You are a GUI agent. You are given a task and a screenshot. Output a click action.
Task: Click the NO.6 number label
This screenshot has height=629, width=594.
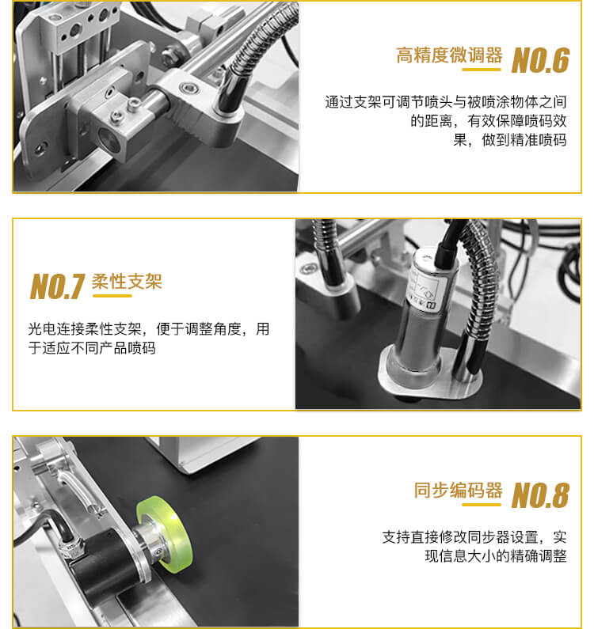coord(541,60)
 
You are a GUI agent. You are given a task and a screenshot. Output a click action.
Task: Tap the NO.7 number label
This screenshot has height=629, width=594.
coord(58,286)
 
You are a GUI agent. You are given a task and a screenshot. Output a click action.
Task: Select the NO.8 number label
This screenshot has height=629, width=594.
coord(541,495)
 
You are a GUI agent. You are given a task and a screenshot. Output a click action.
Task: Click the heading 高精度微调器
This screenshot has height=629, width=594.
coord(449,55)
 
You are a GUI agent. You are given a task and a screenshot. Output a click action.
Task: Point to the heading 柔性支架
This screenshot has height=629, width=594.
coord(127,282)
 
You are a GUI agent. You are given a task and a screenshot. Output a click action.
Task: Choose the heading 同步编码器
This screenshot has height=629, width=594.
coord(459,491)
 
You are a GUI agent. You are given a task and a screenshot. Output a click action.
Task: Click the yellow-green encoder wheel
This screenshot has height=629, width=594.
coord(165,532)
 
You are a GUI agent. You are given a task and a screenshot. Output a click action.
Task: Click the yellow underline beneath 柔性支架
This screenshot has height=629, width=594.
coord(112,296)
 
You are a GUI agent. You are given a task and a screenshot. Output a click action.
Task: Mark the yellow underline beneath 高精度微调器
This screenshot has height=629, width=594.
coord(482,70)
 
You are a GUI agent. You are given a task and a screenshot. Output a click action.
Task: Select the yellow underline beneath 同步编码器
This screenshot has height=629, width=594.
coord(482,505)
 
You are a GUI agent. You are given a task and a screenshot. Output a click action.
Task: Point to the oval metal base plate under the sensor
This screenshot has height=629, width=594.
coord(430,375)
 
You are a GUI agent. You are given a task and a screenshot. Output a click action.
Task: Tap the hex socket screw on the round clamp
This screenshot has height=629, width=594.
coord(188,88)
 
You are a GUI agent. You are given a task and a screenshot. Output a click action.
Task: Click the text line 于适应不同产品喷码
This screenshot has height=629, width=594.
coord(92,348)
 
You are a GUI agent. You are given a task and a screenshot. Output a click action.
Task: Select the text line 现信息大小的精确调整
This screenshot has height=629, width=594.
coord(496,556)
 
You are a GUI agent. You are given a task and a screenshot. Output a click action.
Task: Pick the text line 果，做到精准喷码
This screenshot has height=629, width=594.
coord(510,140)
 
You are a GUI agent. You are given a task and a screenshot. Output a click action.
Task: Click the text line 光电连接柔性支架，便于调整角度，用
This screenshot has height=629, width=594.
coord(149,329)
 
